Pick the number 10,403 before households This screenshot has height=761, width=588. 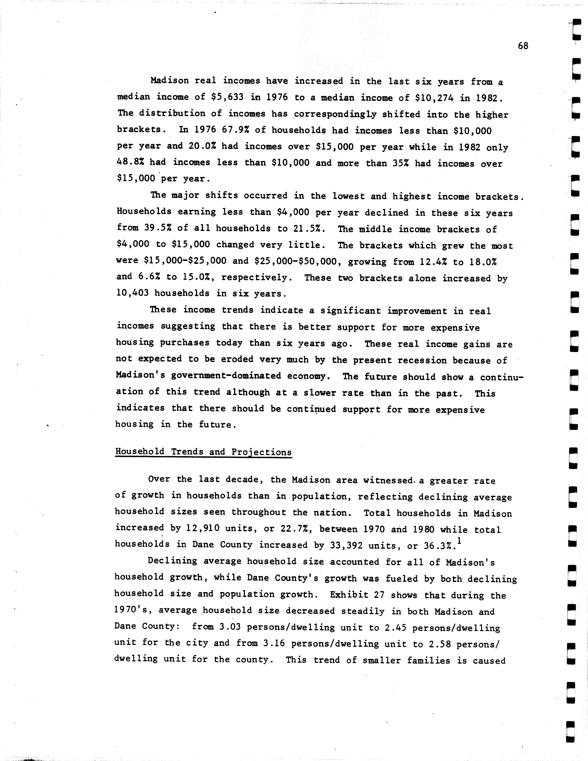point(132,293)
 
